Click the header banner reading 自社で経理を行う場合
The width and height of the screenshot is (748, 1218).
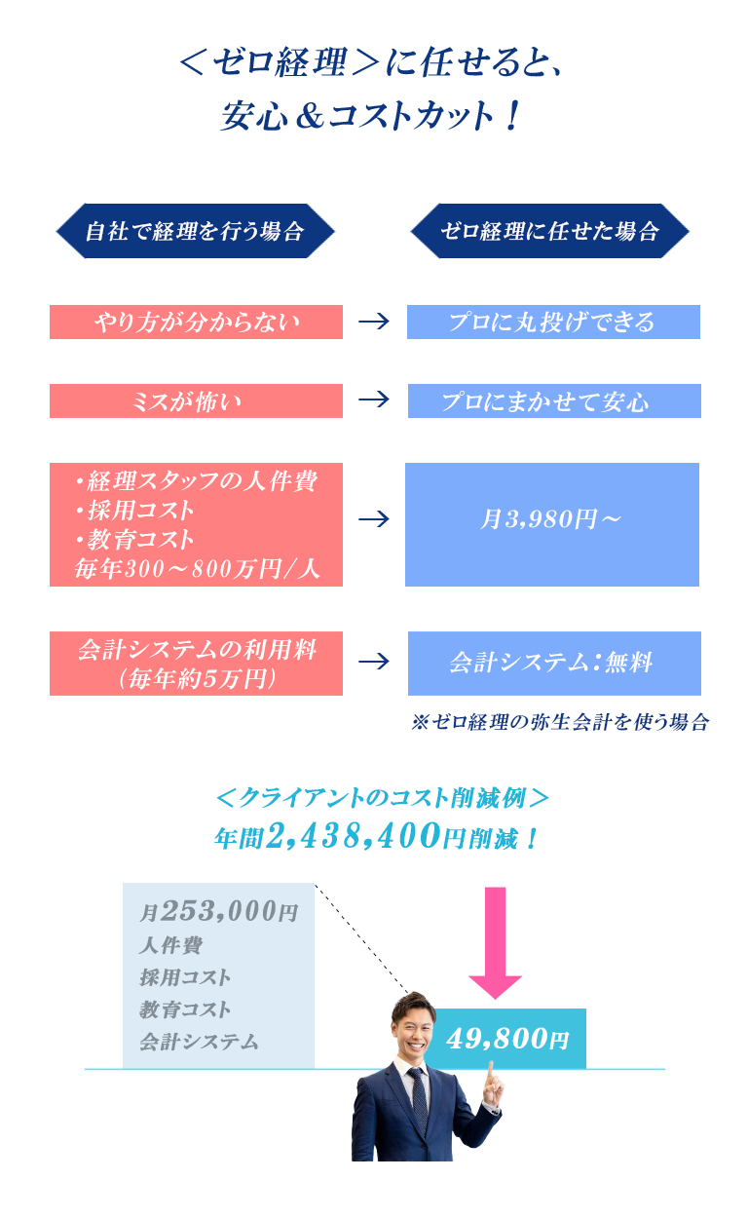click(x=195, y=231)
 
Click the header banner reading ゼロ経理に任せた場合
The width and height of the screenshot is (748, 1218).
click(x=549, y=231)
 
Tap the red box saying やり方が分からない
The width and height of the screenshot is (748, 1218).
click(x=196, y=322)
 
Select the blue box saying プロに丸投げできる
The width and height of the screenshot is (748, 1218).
click(x=553, y=322)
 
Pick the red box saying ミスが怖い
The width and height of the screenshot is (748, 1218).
click(x=196, y=400)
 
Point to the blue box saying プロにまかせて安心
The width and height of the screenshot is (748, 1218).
click(x=554, y=400)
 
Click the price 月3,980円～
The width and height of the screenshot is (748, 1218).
click(x=550, y=518)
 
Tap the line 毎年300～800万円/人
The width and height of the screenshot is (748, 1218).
click(x=197, y=569)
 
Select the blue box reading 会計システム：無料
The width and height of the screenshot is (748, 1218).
click(x=554, y=664)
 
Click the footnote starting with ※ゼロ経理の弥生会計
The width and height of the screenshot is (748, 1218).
click(x=560, y=722)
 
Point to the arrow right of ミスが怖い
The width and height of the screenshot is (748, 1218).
click(x=374, y=400)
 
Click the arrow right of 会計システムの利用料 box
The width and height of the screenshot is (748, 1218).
click(x=374, y=662)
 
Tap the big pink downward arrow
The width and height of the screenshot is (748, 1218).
click(x=495, y=943)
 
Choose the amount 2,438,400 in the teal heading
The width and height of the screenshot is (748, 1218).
click(x=354, y=835)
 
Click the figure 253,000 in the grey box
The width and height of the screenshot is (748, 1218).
click(x=219, y=910)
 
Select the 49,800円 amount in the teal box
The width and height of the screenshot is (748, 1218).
click(x=507, y=1039)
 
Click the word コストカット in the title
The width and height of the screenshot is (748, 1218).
click(x=410, y=116)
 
